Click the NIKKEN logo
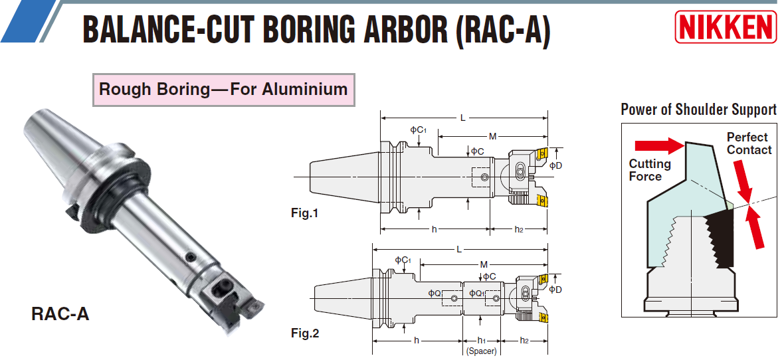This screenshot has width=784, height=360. click(x=726, y=27)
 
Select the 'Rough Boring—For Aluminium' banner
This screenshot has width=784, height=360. click(x=223, y=89)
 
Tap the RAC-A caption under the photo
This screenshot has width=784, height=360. click(x=60, y=314)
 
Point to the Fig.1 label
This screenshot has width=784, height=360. click(x=305, y=213)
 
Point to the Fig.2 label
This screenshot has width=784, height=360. click(x=305, y=333)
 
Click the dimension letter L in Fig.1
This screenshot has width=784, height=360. click(x=463, y=118)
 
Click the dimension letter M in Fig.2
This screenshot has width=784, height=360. click(x=484, y=264)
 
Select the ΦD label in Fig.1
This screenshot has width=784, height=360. click(x=556, y=165)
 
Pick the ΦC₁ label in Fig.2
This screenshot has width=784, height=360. click(x=403, y=260)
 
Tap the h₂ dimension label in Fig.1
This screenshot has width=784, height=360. click(x=520, y=229)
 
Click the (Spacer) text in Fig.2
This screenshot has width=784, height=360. click(x=481, y=351)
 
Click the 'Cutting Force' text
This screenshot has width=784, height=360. click(x=650, y=170)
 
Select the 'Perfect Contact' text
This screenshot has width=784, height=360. click(x=749, y=143)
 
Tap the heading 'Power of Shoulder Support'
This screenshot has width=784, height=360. click(x=698, y=110)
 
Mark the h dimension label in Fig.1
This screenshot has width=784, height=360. click(x=434, y=229)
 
